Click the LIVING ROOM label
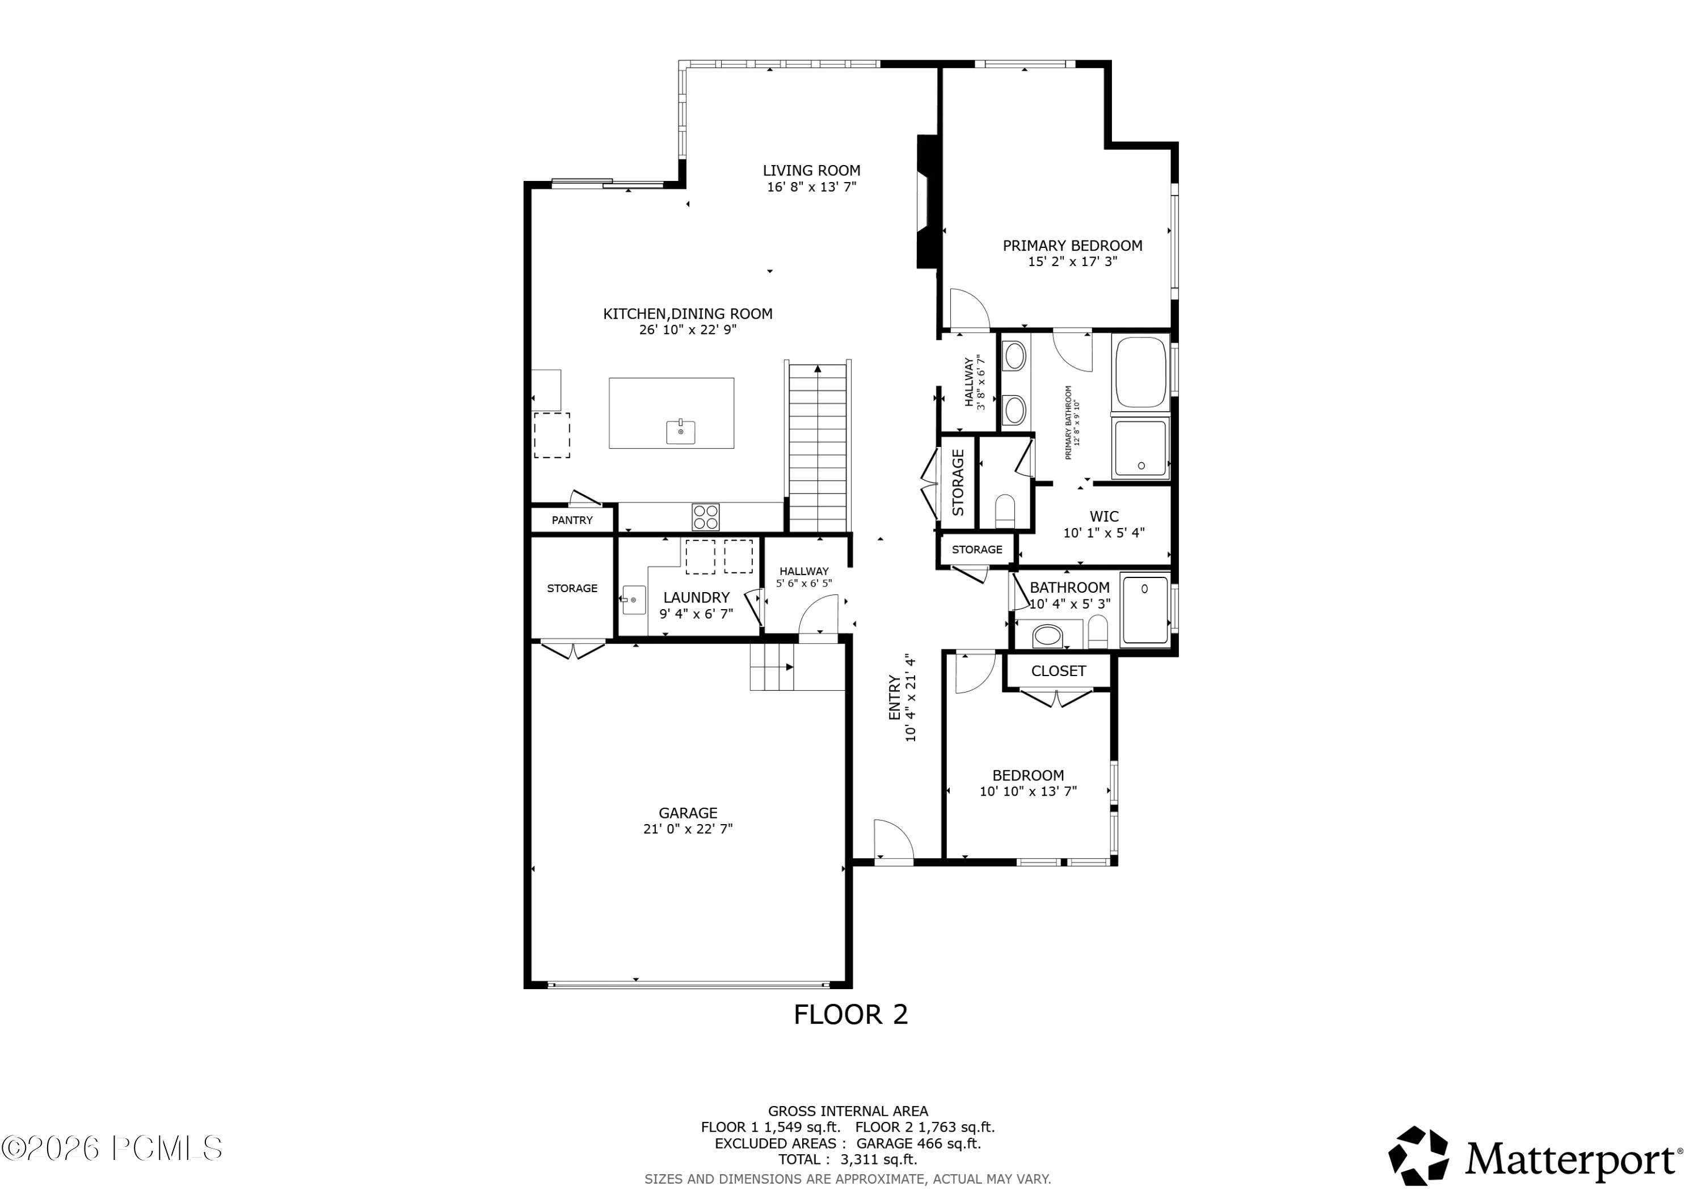pyautogui.click(x=812, y=171)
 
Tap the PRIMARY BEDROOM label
pyautogui.click(x=1073, y=246)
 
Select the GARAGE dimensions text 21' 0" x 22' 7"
pyautogui.click(x=688, y=829)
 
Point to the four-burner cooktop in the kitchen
pyautogui.click(x=705, y=517)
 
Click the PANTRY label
pyautogui.click(x=572, y=520)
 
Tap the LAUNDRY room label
pyautogui.click(x=696, y=597)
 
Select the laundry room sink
pyautogui.click(x=633, y=600)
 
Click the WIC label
pyautogui.click(x=1104, y=517)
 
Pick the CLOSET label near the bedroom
pyautogui.click(x=1059, y=671)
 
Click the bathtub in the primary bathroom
pyautogui.click(x=1140, y=372)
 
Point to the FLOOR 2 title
pyautogui.click(x=851, y=1015)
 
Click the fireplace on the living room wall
pyautogui.click(x=928, y=201)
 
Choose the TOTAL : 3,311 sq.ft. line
pyautogui.click(x=847, y=1159)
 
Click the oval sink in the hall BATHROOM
pyautogui.click(x=1047, y=635)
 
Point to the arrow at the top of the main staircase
pyautogui.click(x=818, y=368)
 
